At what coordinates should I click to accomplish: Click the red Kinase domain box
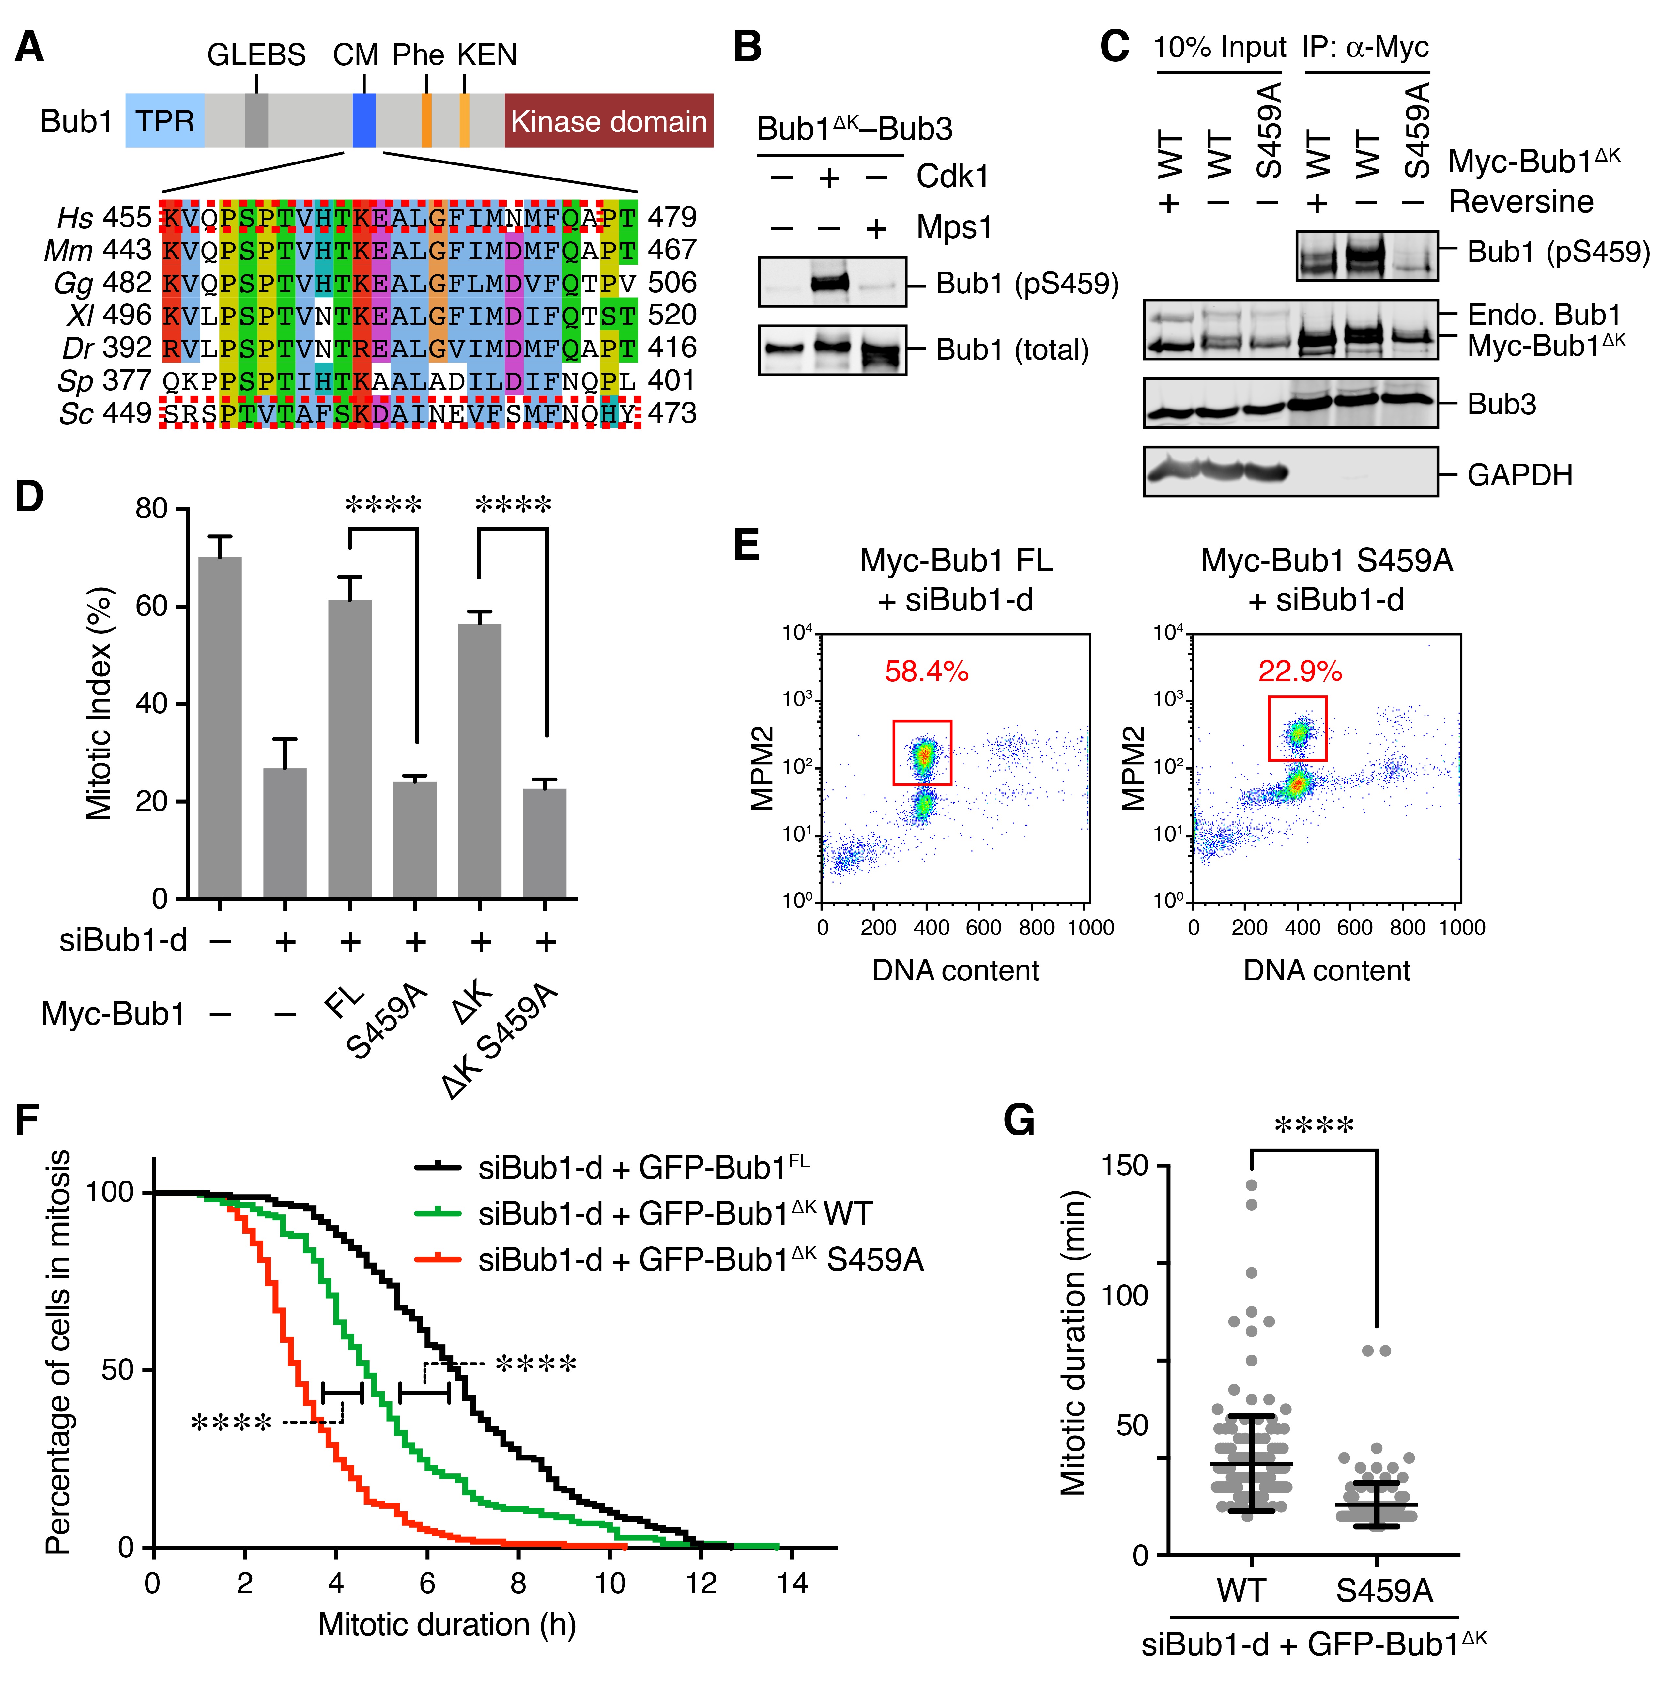608,121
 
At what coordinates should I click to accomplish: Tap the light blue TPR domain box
165,121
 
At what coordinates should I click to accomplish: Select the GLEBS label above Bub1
256,55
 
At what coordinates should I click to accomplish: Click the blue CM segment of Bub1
364,121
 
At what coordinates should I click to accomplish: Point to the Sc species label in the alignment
76,413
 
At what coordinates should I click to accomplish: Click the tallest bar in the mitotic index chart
221,727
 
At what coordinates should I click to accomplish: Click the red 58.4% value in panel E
926,672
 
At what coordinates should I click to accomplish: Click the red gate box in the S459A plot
1297,728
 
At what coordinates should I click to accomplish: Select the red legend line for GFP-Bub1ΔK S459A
437,1259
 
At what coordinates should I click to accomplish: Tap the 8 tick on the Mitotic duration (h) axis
518,1583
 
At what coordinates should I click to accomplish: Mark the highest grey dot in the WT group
1251,1185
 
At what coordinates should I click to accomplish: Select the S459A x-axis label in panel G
1384,1591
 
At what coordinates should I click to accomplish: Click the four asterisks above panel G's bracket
1314,1125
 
